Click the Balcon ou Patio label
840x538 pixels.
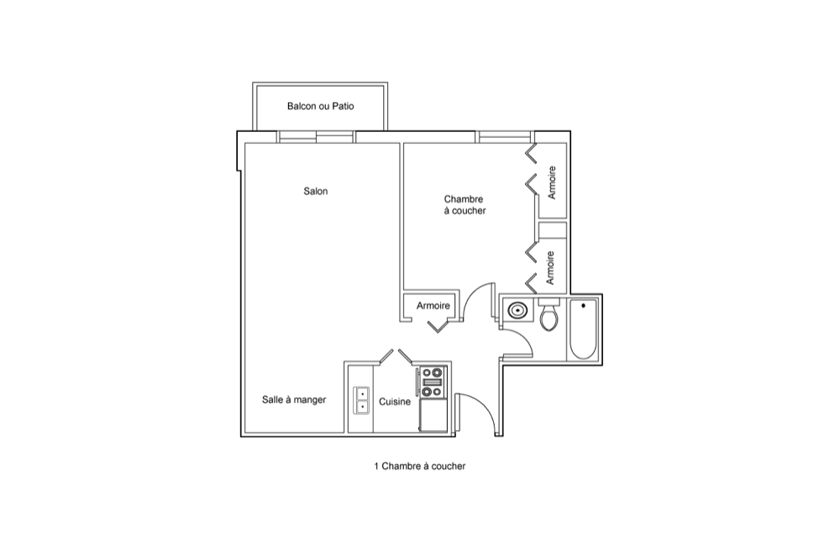320,106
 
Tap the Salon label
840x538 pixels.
316,192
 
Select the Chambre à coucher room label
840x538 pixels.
465,205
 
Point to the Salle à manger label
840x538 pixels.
294,400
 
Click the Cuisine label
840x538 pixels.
395,402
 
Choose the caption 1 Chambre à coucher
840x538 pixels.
419,467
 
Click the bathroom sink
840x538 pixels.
517,310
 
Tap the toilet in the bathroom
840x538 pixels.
549,314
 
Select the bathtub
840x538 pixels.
583,330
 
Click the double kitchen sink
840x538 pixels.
362,400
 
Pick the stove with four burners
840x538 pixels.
432,382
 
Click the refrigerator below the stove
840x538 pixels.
433,416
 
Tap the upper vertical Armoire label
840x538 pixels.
552,182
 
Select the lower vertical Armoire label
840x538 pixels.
550,268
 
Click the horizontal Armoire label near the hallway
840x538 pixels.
433,306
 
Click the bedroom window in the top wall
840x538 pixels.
505,136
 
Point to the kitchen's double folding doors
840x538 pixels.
396,357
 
